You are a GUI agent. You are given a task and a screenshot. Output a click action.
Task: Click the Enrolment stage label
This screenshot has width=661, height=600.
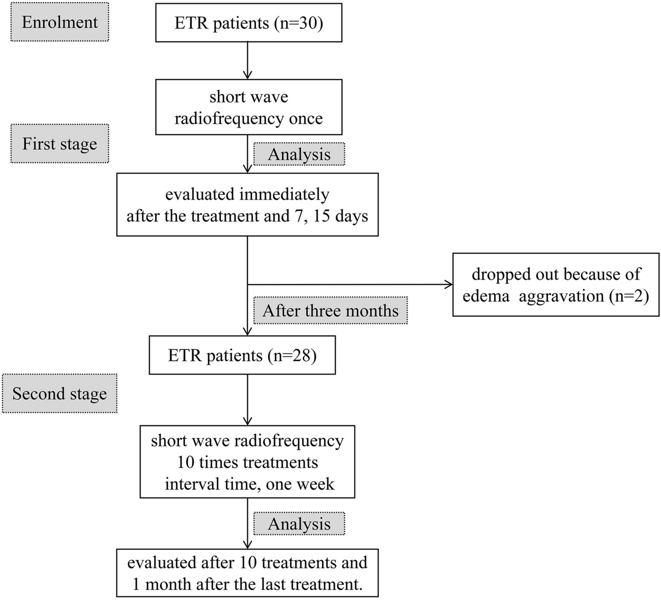point(60,22)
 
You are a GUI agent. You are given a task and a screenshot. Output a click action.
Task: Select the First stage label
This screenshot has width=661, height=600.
point(60,144)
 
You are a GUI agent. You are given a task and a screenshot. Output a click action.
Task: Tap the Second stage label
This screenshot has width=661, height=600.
point(60,393)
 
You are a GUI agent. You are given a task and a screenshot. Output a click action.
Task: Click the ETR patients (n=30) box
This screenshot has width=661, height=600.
point(249,23)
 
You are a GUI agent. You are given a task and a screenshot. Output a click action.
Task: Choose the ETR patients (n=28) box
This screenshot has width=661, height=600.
point(242,355)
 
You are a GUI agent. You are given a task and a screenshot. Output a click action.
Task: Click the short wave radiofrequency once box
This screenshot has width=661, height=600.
point(249,107)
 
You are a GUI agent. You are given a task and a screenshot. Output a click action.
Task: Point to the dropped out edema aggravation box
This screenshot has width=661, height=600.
point(556,285)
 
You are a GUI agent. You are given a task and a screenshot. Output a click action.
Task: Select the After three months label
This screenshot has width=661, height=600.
point(330,311)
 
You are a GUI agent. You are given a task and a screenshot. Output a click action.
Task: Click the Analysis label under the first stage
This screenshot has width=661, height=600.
point(299,154)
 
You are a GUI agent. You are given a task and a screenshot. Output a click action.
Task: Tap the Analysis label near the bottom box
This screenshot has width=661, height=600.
point(299,524)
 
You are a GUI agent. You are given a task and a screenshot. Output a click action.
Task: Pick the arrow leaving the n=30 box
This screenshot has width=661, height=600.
point(248,61)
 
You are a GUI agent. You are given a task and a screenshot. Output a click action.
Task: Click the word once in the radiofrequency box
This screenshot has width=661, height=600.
point(306,118)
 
